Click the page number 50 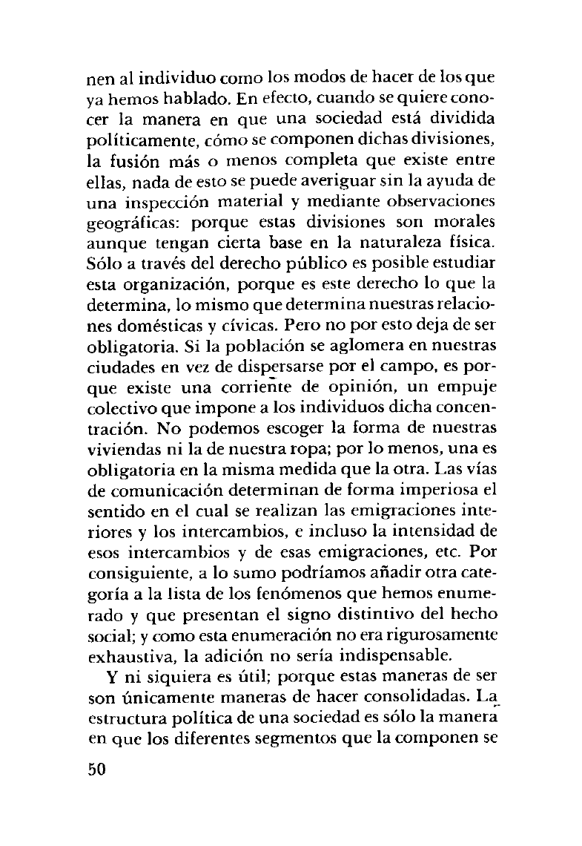click(98, 769)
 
